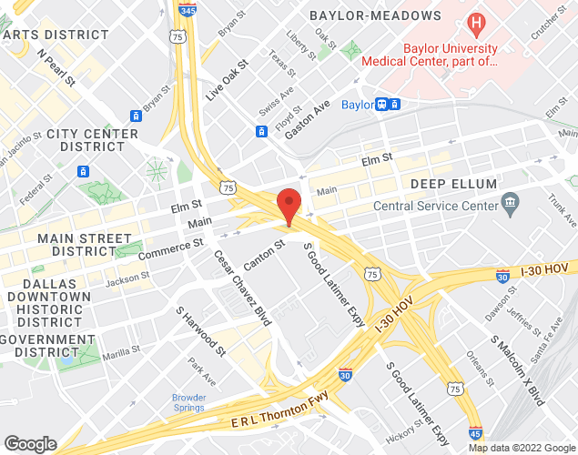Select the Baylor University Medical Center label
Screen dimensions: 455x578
[430, 55]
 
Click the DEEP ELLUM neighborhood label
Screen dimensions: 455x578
[453, 184]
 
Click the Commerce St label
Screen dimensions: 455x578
[170, 247]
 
